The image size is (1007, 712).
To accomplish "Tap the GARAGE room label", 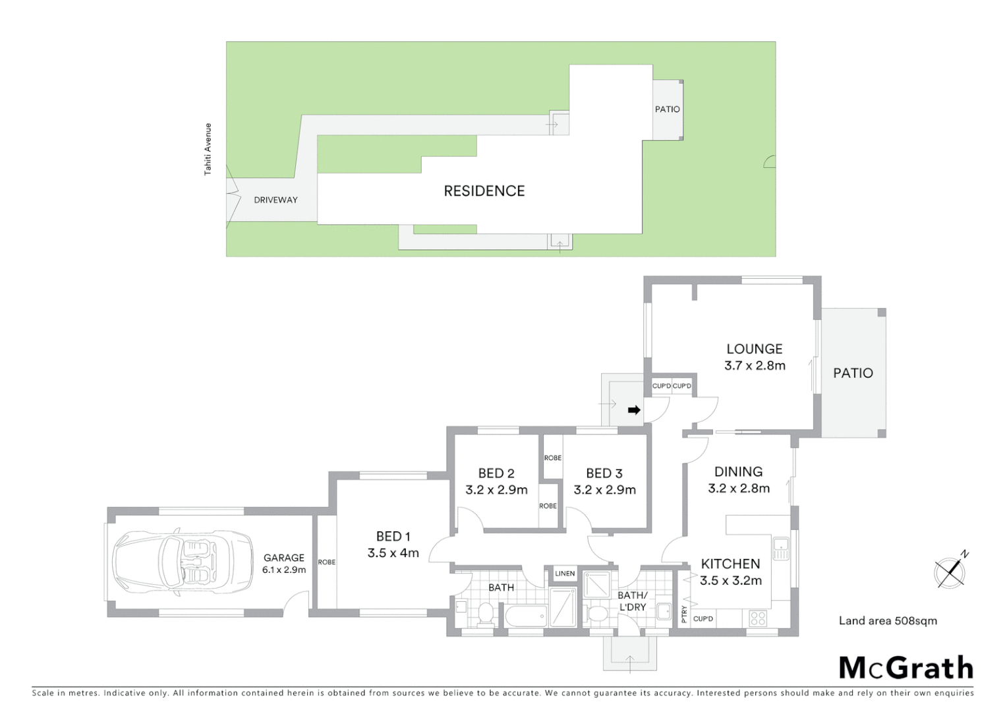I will tap(284, 558).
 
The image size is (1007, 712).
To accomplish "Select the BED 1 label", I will tap(393, 537).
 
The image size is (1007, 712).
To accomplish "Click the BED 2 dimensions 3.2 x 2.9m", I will tap(496, 490).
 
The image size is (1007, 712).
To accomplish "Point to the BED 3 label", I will tap(604, 473).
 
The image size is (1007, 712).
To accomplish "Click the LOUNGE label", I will tap(755, 349).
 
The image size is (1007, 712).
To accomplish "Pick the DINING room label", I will tap(739, 471).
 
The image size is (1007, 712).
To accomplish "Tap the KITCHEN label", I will tap(730, 564).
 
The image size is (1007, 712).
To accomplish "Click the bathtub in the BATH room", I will tap(526, 618).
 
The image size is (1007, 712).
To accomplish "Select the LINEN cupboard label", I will tap(565, 574).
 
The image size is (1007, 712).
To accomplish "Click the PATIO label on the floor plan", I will tap(853, 373).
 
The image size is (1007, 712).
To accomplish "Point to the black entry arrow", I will tap(634, 410).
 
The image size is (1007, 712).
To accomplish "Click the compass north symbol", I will tap(950, 570).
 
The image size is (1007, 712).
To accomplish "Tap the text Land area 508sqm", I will tap(888, 620).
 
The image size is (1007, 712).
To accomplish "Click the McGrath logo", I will tap(906, 668).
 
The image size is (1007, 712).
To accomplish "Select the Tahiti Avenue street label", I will tap(208, 149).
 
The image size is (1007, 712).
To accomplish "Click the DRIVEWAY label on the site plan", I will tap(275, 200).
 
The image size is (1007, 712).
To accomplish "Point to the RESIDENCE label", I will tap(484, 191).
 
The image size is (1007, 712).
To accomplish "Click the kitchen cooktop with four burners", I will tap(758, 618).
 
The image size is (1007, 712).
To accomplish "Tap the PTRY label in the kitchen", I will tap(684, 614).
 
